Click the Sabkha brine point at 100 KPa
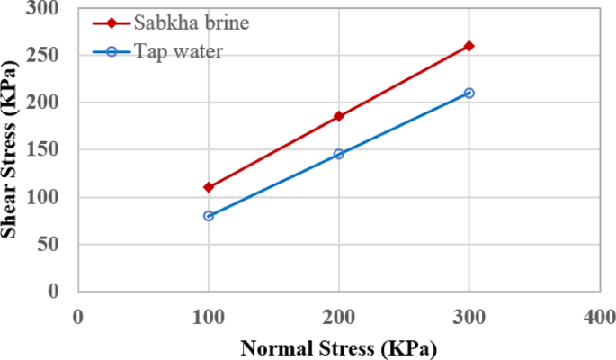coord(209,187)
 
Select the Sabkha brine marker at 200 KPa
coord(339,116)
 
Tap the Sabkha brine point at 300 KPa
coord(469,46)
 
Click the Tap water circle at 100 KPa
coord(209,216)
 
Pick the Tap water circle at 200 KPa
coord(339,154)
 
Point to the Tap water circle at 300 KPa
coord(469,93)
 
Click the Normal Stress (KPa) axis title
coord(339,346)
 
